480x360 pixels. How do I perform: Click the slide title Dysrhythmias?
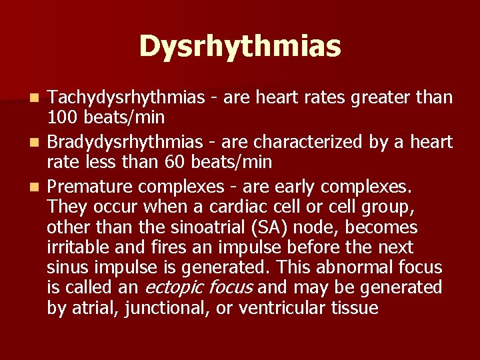(x=240, y=47)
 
